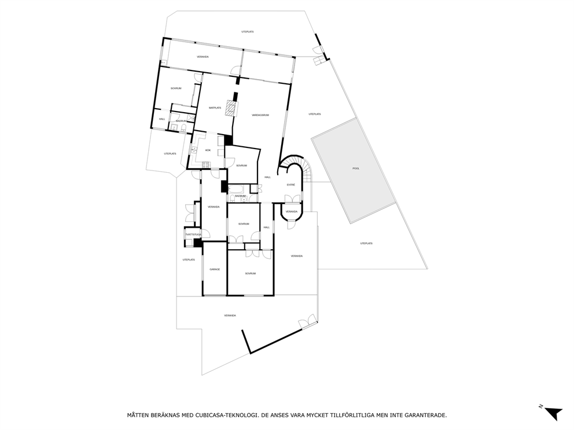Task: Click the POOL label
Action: [356, 168]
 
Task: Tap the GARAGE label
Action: [215, 269]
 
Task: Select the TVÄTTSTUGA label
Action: [193, 234]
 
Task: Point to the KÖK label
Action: [208, 151]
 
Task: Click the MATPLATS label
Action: [215, 108]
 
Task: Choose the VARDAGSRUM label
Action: [260, 115]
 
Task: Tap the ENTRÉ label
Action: [291, 185]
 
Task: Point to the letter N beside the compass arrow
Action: [540, 407]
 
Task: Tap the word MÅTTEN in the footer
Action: [139, 415]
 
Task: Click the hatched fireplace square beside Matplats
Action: [231, 108]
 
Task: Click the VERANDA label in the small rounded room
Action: [291, 212]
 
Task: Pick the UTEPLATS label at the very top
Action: [248, 32]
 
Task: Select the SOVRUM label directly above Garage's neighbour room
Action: [244, 224]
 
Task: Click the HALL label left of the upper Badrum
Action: [162, 119]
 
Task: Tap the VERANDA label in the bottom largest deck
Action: [230, 316]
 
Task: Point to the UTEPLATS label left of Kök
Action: [170, 154]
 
